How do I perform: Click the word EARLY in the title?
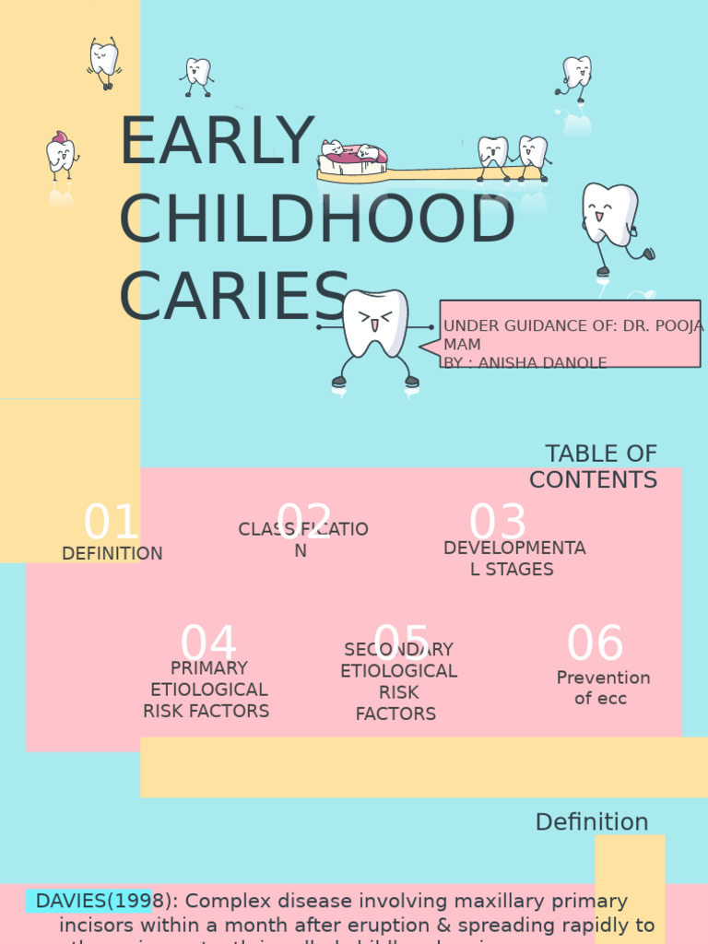point(218,142)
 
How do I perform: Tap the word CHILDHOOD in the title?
point(316,220)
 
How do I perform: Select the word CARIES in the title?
point(234,298)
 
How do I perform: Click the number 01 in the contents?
point(111,523)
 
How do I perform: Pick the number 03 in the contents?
point(498,523)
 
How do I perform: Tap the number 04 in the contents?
point(208,644)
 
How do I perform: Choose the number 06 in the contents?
point(596,644)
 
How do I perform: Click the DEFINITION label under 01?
point(112,553)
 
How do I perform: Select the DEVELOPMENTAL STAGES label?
point(513,559)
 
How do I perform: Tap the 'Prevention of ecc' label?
point(603,688)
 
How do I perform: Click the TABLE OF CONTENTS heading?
point(596,466)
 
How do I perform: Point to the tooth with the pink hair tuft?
point(61,155)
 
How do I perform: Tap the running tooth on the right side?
point(610,221)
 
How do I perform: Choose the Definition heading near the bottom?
point(592,822)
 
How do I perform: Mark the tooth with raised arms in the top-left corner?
point(104,61)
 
